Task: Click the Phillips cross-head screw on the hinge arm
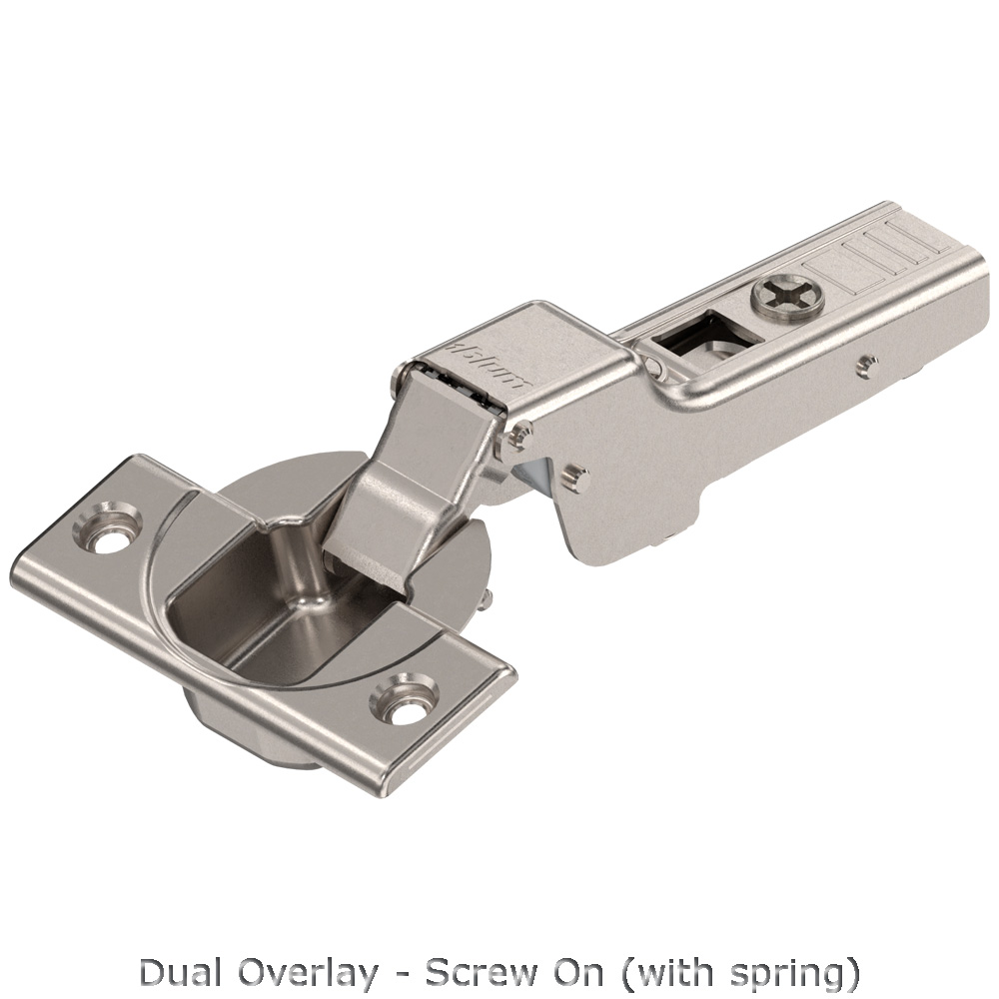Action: [787, 295]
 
